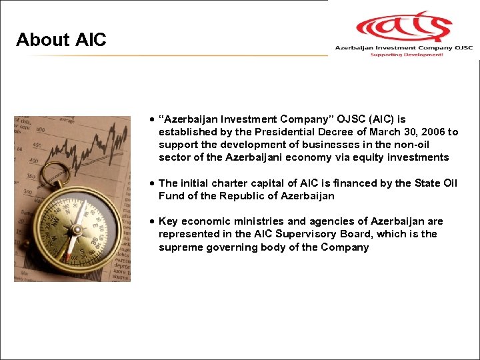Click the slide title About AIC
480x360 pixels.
tap(61, 40)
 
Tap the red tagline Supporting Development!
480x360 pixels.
tap(406, 55)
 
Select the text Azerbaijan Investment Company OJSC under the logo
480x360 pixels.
tap(403, 47)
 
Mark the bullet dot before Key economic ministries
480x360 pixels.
tap(153, 221)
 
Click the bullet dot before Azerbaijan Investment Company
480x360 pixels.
tap(153, 119)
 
